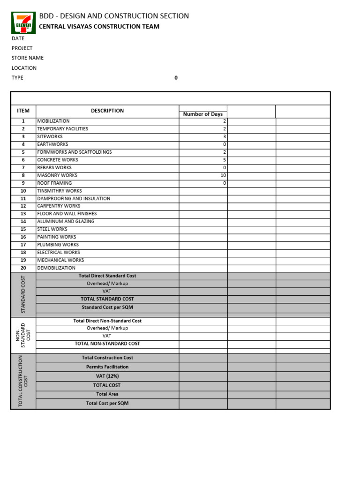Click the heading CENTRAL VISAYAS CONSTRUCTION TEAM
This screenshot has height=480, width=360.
(99, 27)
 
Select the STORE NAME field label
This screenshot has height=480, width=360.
(28, 58)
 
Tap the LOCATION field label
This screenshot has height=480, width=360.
(24, 68)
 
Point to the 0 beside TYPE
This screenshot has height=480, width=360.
(176, 78)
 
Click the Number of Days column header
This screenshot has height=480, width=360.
(203, 114)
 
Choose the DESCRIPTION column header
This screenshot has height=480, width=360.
(107, 111)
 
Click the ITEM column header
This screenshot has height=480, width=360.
(23, 111)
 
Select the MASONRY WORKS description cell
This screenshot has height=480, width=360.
(57, 175)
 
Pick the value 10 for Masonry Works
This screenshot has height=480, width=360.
(224, 175)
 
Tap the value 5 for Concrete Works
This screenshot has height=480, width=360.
(225, 160)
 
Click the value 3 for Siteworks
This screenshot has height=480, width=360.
(225, 136)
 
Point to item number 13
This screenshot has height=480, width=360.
(23, 214)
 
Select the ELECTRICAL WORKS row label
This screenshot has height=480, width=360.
(59, 252)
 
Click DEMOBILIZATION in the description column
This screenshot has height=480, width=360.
(56, 268)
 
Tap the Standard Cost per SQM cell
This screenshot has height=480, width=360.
(107, 307)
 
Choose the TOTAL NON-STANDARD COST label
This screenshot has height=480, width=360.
(107, 344)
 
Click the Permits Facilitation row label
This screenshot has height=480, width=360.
(107, 367)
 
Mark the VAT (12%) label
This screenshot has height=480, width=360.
(107, 376)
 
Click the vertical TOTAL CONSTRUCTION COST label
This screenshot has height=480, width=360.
(23, 381)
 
